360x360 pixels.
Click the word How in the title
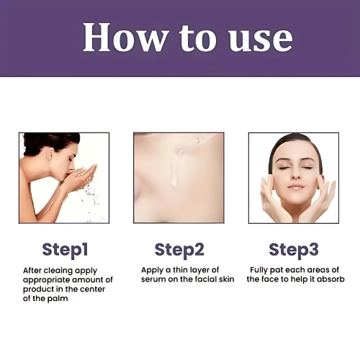tap(124, 37)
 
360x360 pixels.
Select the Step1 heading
tap(65, 249)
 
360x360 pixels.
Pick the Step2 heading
tap(179, 249)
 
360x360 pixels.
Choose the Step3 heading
tap(294, 249)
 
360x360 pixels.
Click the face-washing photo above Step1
tap(65, 177)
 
